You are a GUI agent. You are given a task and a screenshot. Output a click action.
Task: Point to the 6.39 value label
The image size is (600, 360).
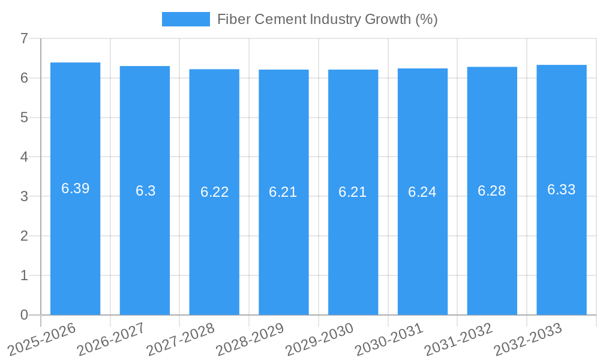pyautogui.click(x=76, y=188)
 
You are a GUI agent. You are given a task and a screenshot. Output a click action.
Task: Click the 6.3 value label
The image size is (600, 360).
pyautogui.click(x=145, y=191)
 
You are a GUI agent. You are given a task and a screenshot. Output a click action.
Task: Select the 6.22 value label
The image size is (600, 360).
pyautogui.click(x=215, y=192)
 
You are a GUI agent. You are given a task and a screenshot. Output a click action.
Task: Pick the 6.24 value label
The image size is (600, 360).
pyautogui.click(x=422, y=192)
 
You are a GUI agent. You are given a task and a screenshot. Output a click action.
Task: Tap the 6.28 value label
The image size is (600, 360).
pyautogui.click(x=492, y=191)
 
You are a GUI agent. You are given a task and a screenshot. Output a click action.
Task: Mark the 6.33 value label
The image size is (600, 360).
pyautogui.click(x=562, y=190)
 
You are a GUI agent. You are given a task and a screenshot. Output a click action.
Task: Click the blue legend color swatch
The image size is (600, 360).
pyautogui.click(x=186, y=19)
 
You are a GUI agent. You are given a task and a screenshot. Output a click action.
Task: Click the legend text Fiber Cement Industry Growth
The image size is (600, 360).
pyautogui.click(x=327, y=19)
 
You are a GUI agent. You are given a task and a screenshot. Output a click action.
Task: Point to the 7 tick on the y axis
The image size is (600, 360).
pyautogui.click(x=24, y=38)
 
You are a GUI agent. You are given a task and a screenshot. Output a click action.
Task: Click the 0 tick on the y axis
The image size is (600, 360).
pyautogui.click(x=24, y=315)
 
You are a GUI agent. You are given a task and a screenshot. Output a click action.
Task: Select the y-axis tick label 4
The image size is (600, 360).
pyautogui.click(x=24, y=157)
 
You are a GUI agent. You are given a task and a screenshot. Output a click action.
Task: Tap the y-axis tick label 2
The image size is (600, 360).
pyautogui.click(x=24, y=236)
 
